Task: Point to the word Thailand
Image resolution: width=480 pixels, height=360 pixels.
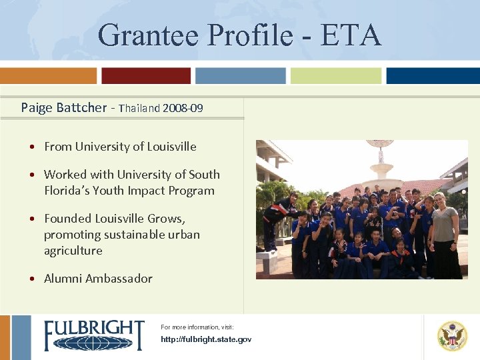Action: click(139, 108)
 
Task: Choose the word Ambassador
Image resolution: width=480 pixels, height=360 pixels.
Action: click(119, 279)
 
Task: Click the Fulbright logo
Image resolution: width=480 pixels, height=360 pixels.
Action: click(93, 335)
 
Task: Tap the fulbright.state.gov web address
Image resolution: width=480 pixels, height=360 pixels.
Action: click(206, 340)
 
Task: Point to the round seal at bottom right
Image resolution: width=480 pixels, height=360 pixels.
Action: click(452, 336)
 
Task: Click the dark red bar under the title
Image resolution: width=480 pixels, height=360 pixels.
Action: click(146, 75)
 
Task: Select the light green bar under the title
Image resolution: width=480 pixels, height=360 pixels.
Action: click(336, 75)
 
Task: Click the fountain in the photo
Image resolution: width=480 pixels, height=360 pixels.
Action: click(382, 166)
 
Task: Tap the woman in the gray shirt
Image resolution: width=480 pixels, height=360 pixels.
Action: click(444, 233)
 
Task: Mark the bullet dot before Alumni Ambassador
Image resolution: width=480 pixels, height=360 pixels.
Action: click(32, 279)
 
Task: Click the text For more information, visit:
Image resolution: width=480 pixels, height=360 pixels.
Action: click(197, 327)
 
